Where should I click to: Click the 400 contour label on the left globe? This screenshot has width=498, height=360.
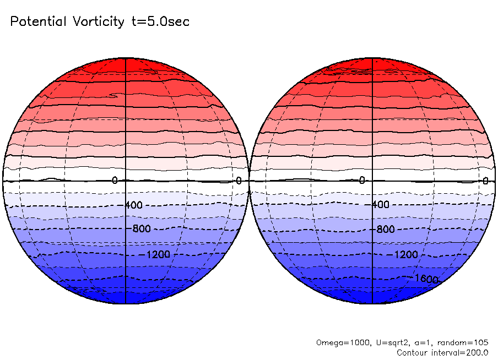coord(133,205)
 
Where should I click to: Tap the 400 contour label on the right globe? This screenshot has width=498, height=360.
coord(380,205)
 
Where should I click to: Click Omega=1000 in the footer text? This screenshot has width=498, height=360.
coord(336,342)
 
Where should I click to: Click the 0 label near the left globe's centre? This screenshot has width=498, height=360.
coord(115,181)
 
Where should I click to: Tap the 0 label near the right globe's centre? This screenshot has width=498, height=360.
coord(361,181)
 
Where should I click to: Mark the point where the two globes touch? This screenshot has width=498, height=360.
coord(249,181)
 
